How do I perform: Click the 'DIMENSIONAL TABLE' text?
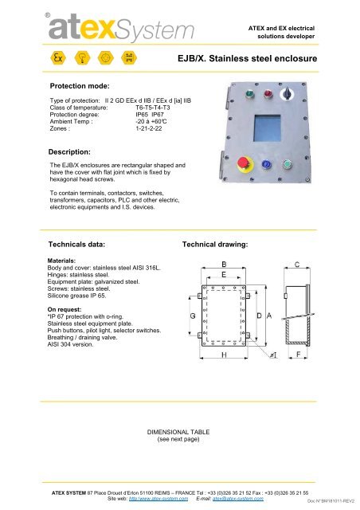[x=179, y=431]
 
